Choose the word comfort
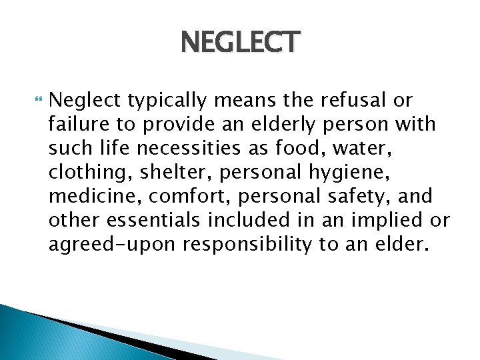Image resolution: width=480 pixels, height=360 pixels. pos(175,197)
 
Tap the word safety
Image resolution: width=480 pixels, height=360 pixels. pos(350,197)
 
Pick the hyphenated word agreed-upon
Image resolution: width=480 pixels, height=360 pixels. pos(111,245)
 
